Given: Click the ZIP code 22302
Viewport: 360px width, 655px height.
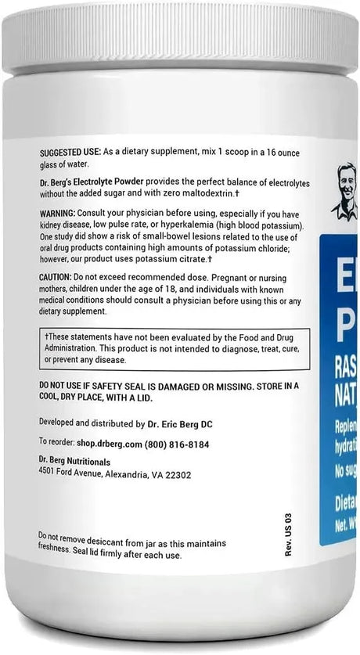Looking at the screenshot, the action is (177, 474).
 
